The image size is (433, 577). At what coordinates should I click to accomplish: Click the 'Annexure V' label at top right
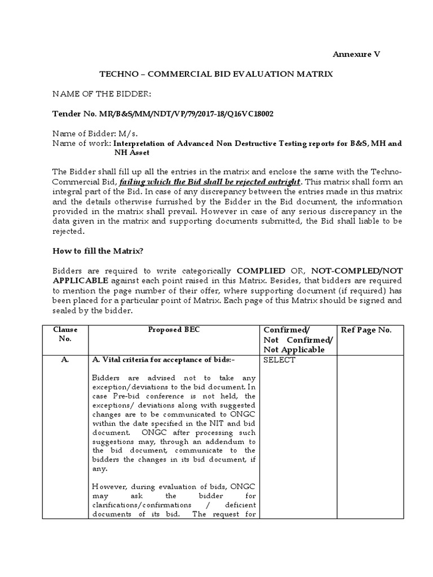point(356,54)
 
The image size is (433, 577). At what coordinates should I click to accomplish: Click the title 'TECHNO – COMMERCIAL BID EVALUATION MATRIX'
point(216,74)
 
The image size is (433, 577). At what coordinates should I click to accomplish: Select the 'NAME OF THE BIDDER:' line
point(102,94)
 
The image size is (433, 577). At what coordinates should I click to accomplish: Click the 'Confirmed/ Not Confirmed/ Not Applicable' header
point(297,340)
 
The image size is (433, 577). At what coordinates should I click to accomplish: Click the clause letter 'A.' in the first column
point(65,361)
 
